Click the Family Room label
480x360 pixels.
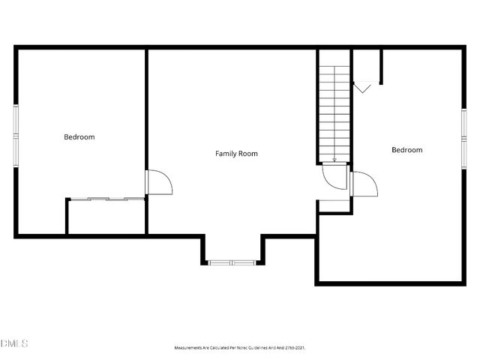[236, 154]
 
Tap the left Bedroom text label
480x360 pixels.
[79, 137]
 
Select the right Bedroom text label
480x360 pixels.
[406, 150]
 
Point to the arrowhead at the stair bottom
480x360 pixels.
[334, 159]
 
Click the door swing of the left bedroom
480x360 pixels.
[159, 181]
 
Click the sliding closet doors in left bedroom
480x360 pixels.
[106, 199]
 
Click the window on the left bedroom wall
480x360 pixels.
[16, 136]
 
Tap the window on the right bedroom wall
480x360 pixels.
[463, 137]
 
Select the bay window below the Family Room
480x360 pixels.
[232, 262]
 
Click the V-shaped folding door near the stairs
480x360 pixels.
[362, 88]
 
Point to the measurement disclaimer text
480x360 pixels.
[240, 348]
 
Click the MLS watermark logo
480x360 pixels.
[14, 343]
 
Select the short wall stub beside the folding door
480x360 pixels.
[381, 67]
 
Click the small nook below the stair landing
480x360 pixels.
[334, 206]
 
